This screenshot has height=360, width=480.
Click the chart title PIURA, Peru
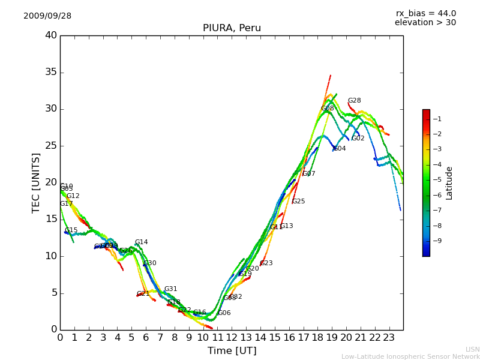pyautogui.click(x=232, y=28)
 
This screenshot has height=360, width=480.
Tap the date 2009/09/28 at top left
pyautogui.click(x=47, y=16)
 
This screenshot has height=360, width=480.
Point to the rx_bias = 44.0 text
pyautogui.click(x=425, y=14)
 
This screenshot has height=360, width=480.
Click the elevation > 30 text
pyautogui.click(x=425, y=23)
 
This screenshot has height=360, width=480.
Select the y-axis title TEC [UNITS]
pyautogui.click(x=36, y=182)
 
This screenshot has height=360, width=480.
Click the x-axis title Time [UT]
pyautogui.click(x=232, y=351)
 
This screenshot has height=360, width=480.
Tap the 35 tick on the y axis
pyautogui.click(x=51, y=73)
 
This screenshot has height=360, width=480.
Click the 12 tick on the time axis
pyautogui.click(x=232, y=338)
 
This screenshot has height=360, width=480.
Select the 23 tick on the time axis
pyautogui.click(x=389, y=338)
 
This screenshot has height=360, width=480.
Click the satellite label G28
pyautogui.click(x=355, y=101)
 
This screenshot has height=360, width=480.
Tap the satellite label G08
pyautogui.click(x=327, y=109)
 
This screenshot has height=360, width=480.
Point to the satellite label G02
pyautogui.click(x=358, y=139)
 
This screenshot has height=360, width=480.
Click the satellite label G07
pyautogui.click(x=308, y=174)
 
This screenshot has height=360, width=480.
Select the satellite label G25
pyautogui.click(x=298, y=202)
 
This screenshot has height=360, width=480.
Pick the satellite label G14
pyautogui.click(x=141, y=242)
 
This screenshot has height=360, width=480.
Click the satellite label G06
pyautogui.click(x=224, y=313)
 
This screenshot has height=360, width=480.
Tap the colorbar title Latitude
pyautogui.click(x=449, y=183)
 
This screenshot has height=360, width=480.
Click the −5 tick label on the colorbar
pyautogui.click(x=437, y=179)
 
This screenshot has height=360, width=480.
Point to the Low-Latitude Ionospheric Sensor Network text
pyautogui.click(x=410, y=357)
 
